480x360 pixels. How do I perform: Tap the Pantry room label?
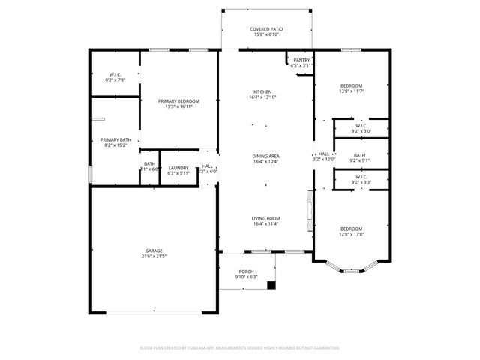tap(301, 60)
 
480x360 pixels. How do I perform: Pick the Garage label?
tap(154, 250)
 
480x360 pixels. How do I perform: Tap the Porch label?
tap(246, 271)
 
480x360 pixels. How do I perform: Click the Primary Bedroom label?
tap(179, 100)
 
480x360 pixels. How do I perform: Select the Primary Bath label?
tap(115, 139)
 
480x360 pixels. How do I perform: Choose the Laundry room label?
tap(178, 168)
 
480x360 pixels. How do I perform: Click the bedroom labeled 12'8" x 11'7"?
tap(351, 85)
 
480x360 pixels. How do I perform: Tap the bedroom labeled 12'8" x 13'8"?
tap(351, 229)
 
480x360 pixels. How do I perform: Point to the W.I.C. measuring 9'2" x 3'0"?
tap(361, 125)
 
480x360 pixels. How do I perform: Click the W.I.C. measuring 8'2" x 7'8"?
tap(115, 74)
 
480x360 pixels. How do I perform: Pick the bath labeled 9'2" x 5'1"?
tap(361, 155)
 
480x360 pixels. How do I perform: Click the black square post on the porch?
tap(271, 284)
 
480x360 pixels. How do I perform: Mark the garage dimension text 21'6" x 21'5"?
tap(154, 256)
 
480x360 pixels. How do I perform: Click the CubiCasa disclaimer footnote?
tap(240, 348)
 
